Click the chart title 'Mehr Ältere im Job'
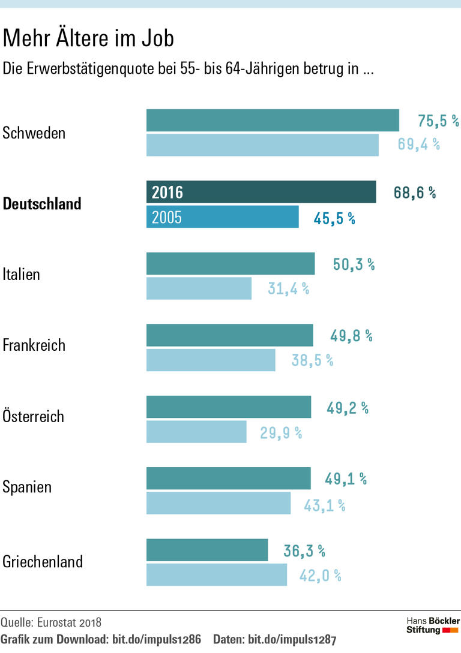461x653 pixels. pyautogui.click(x=88, y=39)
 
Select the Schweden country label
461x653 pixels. pyautogui.click(x=34, y=133)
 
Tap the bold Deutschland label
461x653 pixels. pyautogui.click(x=42, y=204)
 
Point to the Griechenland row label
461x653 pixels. pyautogui.click(x=43, y=562)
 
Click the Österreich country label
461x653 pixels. pyautogui.click(x=34, y=417)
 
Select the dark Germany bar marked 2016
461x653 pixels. pyautogui.click(x=261, y=192)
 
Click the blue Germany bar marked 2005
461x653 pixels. pyautogui.click(x=222, y=217)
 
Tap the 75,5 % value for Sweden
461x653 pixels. pyautogui.click(x=438, y=121)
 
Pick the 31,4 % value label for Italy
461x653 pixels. pyautogui.click(x=288, y=289)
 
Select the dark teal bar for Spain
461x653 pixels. pyautogui.click(x=229, y=479)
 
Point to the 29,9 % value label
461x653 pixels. pyautogui.click(x=280, y=432)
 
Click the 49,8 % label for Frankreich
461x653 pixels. pyautogui.click(x=351, y=336)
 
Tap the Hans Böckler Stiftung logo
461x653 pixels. pyautogui.click(x=433, y=625)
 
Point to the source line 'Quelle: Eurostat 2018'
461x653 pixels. pyautogui.click(x=51, y=622)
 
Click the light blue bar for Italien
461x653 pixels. pyautogui.click(x=199, y=288)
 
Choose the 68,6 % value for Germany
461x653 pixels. pyautogui.click(x=414, y=193)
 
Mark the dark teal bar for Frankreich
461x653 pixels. pyautogui.click(x=229, y=335)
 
